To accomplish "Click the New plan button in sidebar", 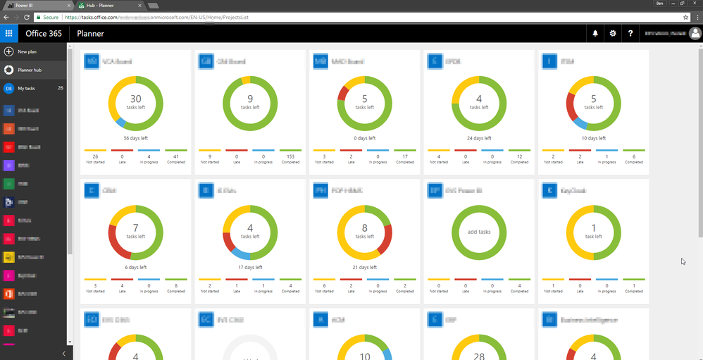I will (27, 51).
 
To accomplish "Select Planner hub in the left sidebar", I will (29, 70).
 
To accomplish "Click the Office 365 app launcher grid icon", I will (9, 33).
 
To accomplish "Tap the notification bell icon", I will (595, 33).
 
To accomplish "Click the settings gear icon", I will (613, 33).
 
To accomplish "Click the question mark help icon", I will (630, 33).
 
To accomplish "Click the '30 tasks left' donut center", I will (135, 102).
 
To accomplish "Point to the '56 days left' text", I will (135, 138).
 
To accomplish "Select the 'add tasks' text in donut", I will (478, 232).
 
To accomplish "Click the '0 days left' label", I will (364, 138).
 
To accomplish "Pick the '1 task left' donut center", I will (593, 232).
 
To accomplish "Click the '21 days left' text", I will (364, 268).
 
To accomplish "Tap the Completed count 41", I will (176, 156).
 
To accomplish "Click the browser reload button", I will (27, 17).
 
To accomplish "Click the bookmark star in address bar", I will (685, 17).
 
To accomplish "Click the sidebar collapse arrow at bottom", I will (64, 353).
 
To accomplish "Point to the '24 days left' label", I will (478, 138).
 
